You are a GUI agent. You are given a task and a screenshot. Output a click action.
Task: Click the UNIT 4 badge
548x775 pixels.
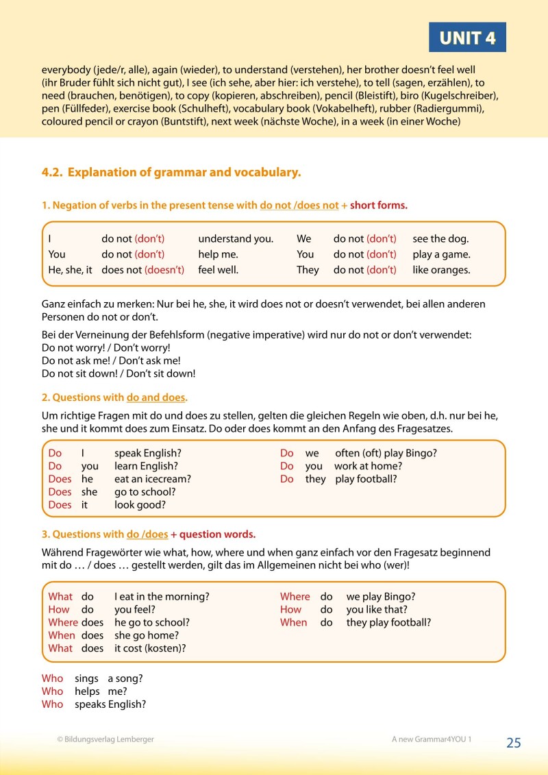(x=467, y=38)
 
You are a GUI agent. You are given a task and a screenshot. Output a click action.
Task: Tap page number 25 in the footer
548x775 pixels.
(x=514, y=743)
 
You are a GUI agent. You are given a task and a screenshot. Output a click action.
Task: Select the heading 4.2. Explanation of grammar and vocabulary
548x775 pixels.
(x=171, y=173)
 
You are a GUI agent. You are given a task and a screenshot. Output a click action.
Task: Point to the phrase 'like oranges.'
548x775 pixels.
(x=441, y=270)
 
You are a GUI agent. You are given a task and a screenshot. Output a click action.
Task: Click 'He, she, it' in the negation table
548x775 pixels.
(x=70, y=270)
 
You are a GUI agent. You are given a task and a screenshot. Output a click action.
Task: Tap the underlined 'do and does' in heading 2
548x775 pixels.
(x=156, y=397)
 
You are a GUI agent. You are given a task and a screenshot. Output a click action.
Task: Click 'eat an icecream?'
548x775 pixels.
(x=153, y=479)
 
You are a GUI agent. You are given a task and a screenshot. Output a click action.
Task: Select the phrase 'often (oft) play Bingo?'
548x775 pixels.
(x=386, y=453)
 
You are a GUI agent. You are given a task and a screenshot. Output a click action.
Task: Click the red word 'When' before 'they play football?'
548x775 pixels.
(x=293, y=622)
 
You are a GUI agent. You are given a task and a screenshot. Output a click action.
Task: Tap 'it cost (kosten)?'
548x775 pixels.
(x=150, y=648)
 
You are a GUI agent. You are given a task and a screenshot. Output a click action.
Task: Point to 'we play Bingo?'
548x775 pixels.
(x=381, y=596)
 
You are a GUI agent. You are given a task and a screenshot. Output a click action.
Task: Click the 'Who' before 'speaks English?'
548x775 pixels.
(x=52, y=704)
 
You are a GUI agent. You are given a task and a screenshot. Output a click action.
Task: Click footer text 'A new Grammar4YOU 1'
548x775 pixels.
(x=432, y=739)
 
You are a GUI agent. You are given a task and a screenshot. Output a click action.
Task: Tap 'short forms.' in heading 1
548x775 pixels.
(x=378, y=206)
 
